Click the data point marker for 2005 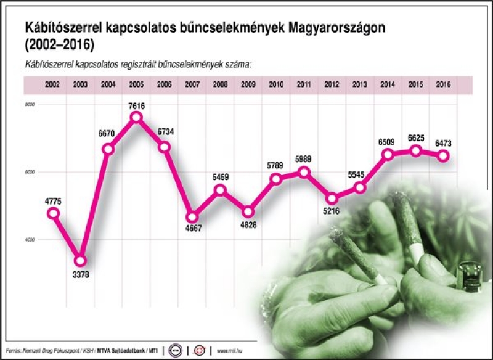point(136,117)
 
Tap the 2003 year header point(80,84)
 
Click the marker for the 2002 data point point(53,213)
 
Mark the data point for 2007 point(192,217)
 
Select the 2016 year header point(443,84)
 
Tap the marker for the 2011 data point point(303,172)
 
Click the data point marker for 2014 point(388,154)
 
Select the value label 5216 point(332,211)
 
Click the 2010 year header point(276,84)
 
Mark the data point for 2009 point(248,211)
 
